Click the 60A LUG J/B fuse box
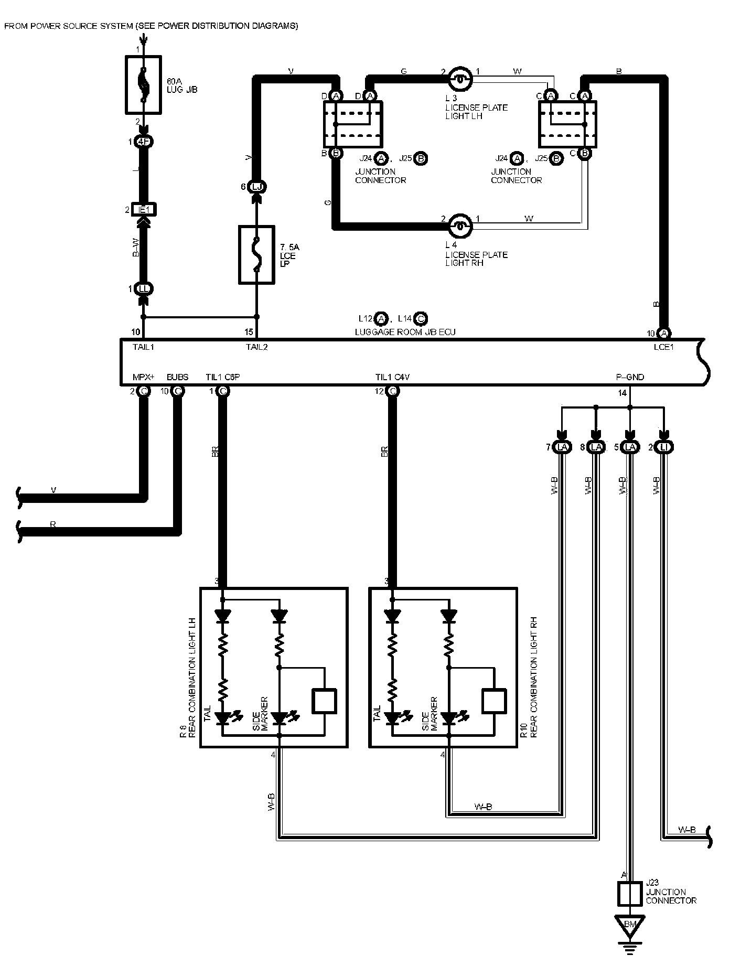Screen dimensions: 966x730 pyautogui.click(x=143, y=85)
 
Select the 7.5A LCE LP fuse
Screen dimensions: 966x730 pyautogui.click(x=256, y=255)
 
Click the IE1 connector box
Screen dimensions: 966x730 pyautogui.click(x=144, y=210)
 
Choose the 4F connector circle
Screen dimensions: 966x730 pyautogui.click(x=143, y=142)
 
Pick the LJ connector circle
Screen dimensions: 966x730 pyautogui.click(x=256, y=187)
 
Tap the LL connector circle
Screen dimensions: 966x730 pyautogui.click(x=144, y=289)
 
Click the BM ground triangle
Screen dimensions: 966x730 pyautogui.click(x=630, y=925)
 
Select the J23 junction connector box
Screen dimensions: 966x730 pyautogui.click(x=630, y=894)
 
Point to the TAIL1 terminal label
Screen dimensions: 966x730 pyautogui.click(x=143, y=347)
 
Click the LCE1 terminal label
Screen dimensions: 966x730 pyautogui.click(x=663, y=347)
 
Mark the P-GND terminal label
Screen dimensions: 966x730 pyautogui.click(x=630, y=377)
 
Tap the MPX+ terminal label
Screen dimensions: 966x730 pyautogui.click(x=144, y=377)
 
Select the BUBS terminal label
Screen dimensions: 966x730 pyautogui.click(x=177, y=377)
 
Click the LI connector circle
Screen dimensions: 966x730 pyautogui.click(x=664, y=447)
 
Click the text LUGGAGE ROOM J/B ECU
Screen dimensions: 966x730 pyautogui.click(x=405, y=332)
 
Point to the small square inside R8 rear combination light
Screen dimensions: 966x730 pyautogui.click(x=325, y=701)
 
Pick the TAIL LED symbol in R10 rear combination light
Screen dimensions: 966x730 pyautogui.click(x=392, y=717)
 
